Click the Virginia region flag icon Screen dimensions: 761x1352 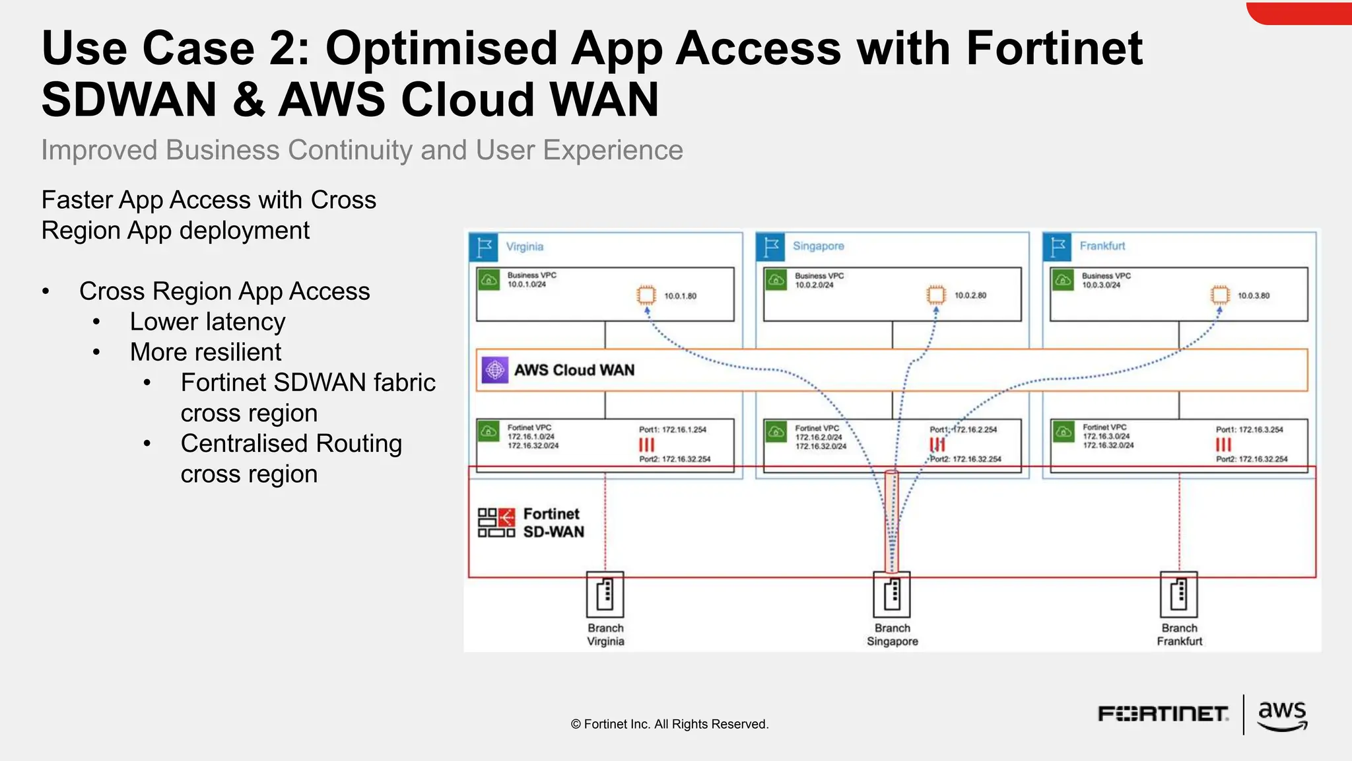484,247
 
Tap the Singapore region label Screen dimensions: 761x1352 818,246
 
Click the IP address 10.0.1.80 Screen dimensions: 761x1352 680,296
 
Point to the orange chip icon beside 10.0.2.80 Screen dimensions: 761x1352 935,295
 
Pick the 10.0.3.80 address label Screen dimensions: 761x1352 1253,296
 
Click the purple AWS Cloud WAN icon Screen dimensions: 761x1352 494,370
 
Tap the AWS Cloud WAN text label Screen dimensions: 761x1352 574,370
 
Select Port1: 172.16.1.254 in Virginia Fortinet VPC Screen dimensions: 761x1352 672,430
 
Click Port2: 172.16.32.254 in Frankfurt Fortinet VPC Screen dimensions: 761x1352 1251,459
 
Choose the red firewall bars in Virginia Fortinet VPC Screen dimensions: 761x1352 646,445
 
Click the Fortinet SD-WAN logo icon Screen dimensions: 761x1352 496,523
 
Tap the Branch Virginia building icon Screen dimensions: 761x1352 605,594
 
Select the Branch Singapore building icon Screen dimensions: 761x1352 892,594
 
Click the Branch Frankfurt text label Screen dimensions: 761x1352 1179,635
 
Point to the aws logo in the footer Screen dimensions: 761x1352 1281,715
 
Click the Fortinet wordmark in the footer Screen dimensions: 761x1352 1163,714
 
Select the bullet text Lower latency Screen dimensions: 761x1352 207,322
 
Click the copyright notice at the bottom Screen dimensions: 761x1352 669,724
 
